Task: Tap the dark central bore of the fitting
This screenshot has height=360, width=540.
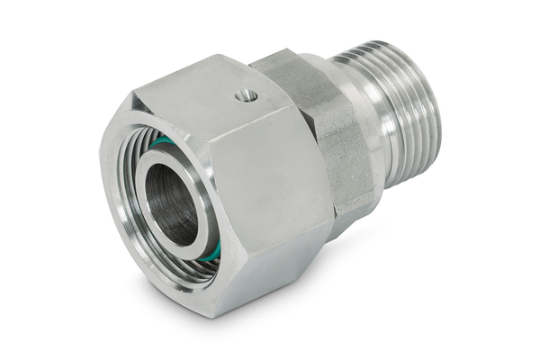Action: [x=171, y=202]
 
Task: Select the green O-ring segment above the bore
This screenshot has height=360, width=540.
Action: [x=162, y=141]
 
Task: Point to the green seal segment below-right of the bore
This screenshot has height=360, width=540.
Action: [x=211, y=253]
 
